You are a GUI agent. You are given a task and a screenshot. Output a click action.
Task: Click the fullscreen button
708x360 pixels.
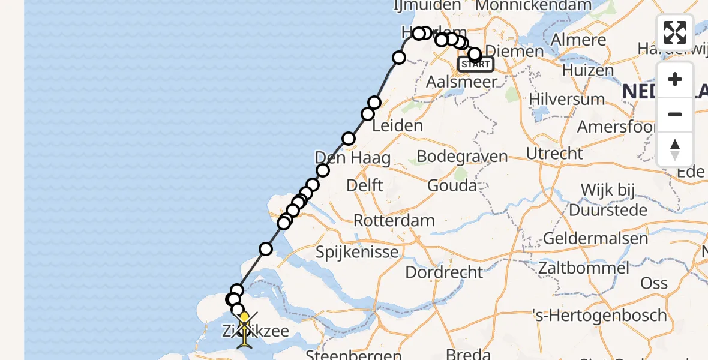[675, 32]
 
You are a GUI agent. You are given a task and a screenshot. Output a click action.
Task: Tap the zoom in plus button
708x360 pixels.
[675, 79]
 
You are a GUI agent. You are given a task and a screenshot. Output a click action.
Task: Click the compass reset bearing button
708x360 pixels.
[675, 149]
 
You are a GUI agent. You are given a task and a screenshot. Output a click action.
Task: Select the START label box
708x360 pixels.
[476, 64]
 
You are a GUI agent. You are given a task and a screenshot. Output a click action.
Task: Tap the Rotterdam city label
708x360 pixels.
[394, 220]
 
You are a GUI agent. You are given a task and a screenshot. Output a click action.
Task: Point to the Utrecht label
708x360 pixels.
[554, 154]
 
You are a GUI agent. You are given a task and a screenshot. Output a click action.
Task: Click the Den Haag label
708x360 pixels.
[353, 158]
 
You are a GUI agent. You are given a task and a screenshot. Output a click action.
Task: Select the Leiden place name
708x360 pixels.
[397, 126]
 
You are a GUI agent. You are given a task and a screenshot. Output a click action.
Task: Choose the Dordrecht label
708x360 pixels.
[444, 272]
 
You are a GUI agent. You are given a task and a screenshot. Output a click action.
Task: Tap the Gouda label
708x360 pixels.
[452, 185]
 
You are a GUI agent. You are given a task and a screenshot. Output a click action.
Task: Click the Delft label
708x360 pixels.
[364, 185]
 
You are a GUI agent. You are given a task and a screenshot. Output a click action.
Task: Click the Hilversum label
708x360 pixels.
[566, 99]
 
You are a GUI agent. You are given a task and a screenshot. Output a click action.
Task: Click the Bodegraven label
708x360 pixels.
[461, 157]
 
